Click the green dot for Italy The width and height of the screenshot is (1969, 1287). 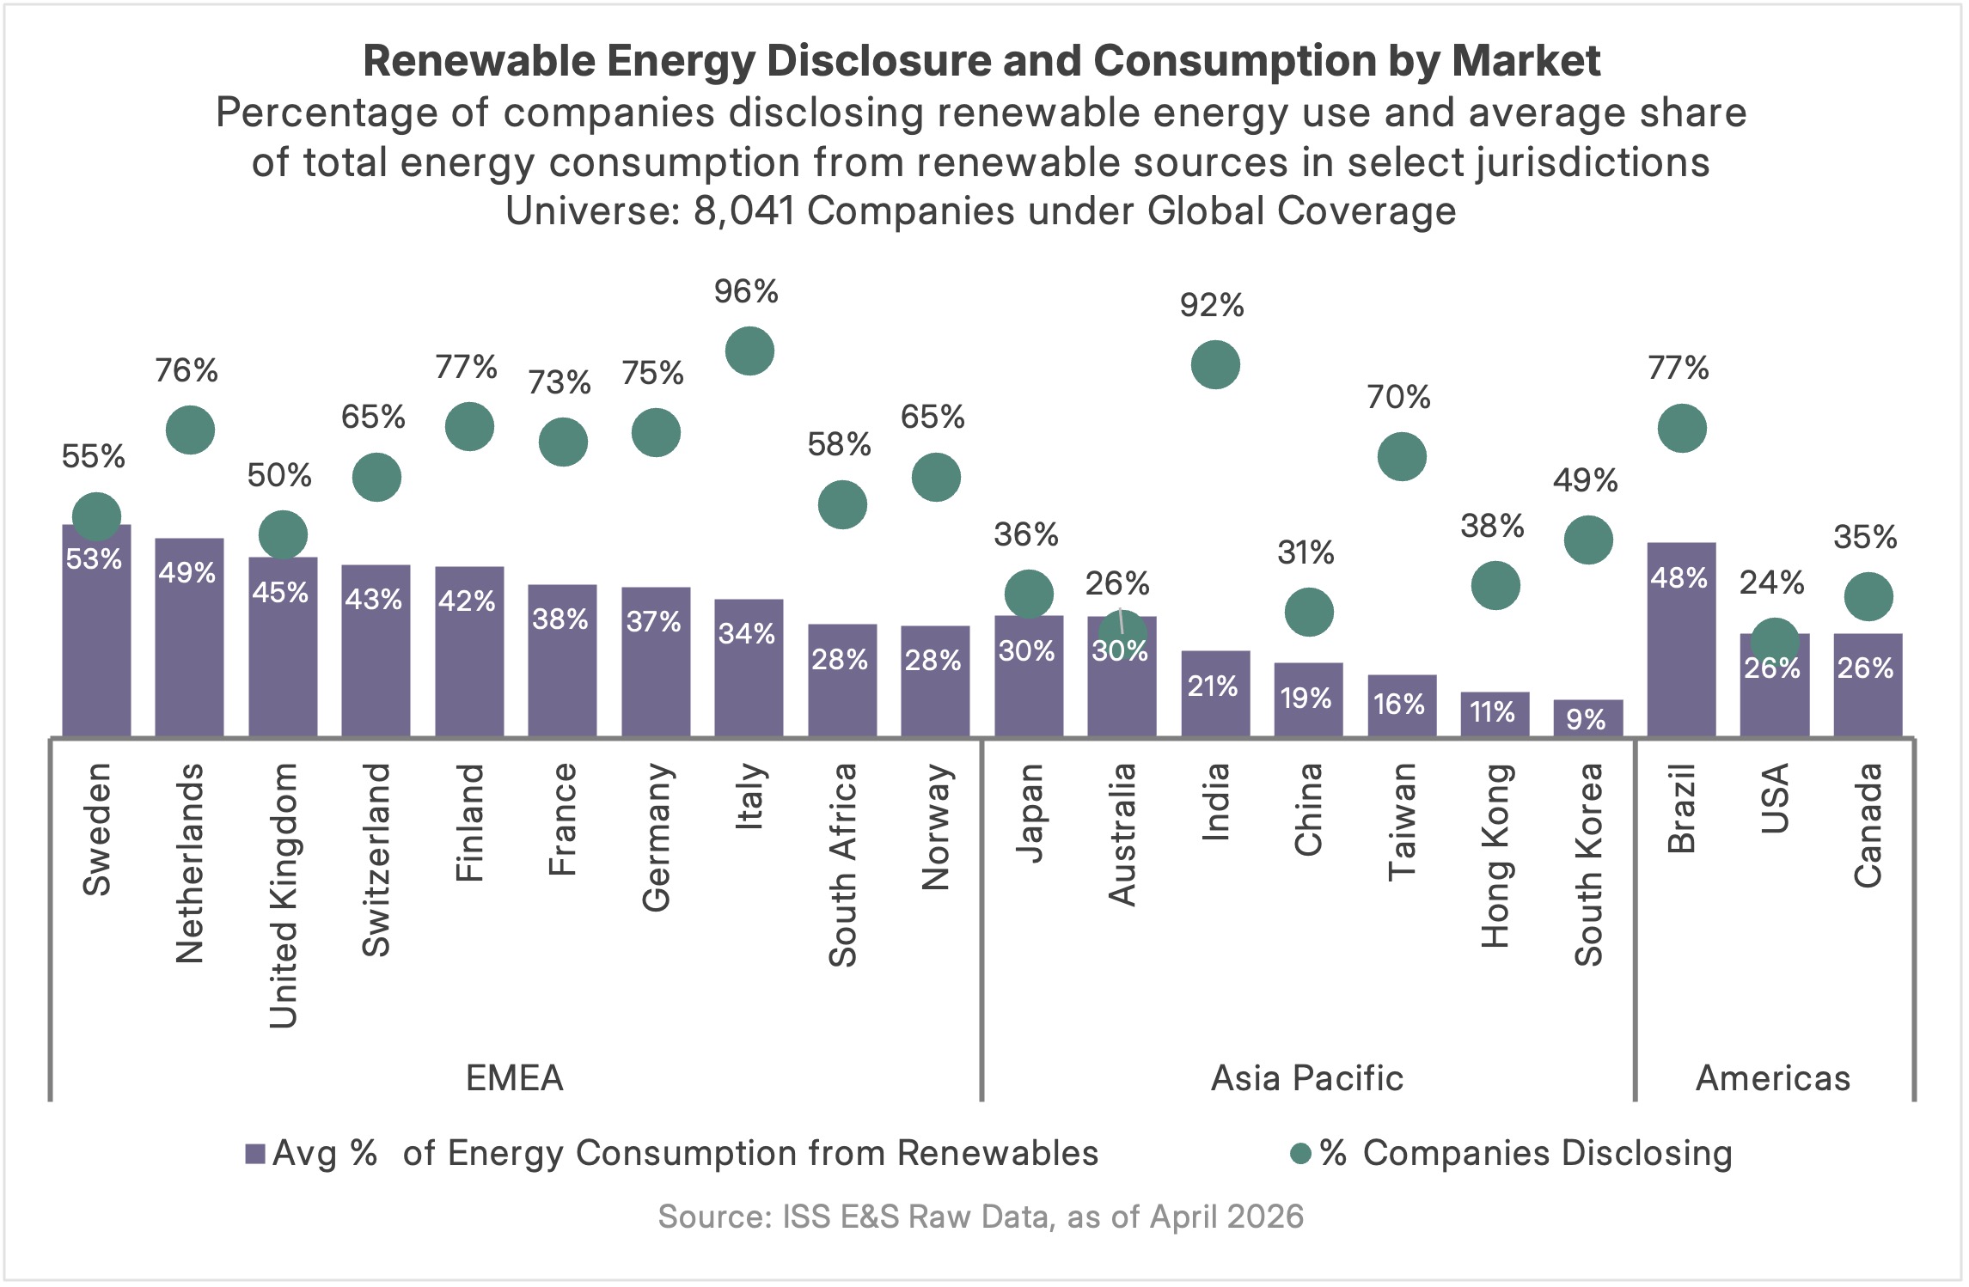point(749,351)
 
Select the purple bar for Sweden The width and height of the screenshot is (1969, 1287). point(96,636)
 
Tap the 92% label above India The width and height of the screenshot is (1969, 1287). point(1212,306)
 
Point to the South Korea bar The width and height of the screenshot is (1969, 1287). point(1587,718)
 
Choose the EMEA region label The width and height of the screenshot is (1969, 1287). point(514,1078)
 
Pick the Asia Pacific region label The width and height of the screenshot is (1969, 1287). point(1306,1078)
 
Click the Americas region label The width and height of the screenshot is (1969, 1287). point(1772,1078)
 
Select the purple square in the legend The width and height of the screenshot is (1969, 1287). point(254,1154)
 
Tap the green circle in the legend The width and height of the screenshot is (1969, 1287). point(1300,1154)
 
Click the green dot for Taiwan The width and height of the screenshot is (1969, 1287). point(1402,457)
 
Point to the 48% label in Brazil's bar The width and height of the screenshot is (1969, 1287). point(1679,578)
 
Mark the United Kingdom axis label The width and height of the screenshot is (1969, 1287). point(283,895)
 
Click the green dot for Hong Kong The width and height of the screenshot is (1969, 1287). point(1495,586)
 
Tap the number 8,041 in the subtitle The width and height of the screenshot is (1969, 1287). point(743,211)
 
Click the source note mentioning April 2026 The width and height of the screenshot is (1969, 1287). point(981,1217)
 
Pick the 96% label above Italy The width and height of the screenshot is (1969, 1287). point(746,292)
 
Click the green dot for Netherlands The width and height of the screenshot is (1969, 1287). point(190,430)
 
